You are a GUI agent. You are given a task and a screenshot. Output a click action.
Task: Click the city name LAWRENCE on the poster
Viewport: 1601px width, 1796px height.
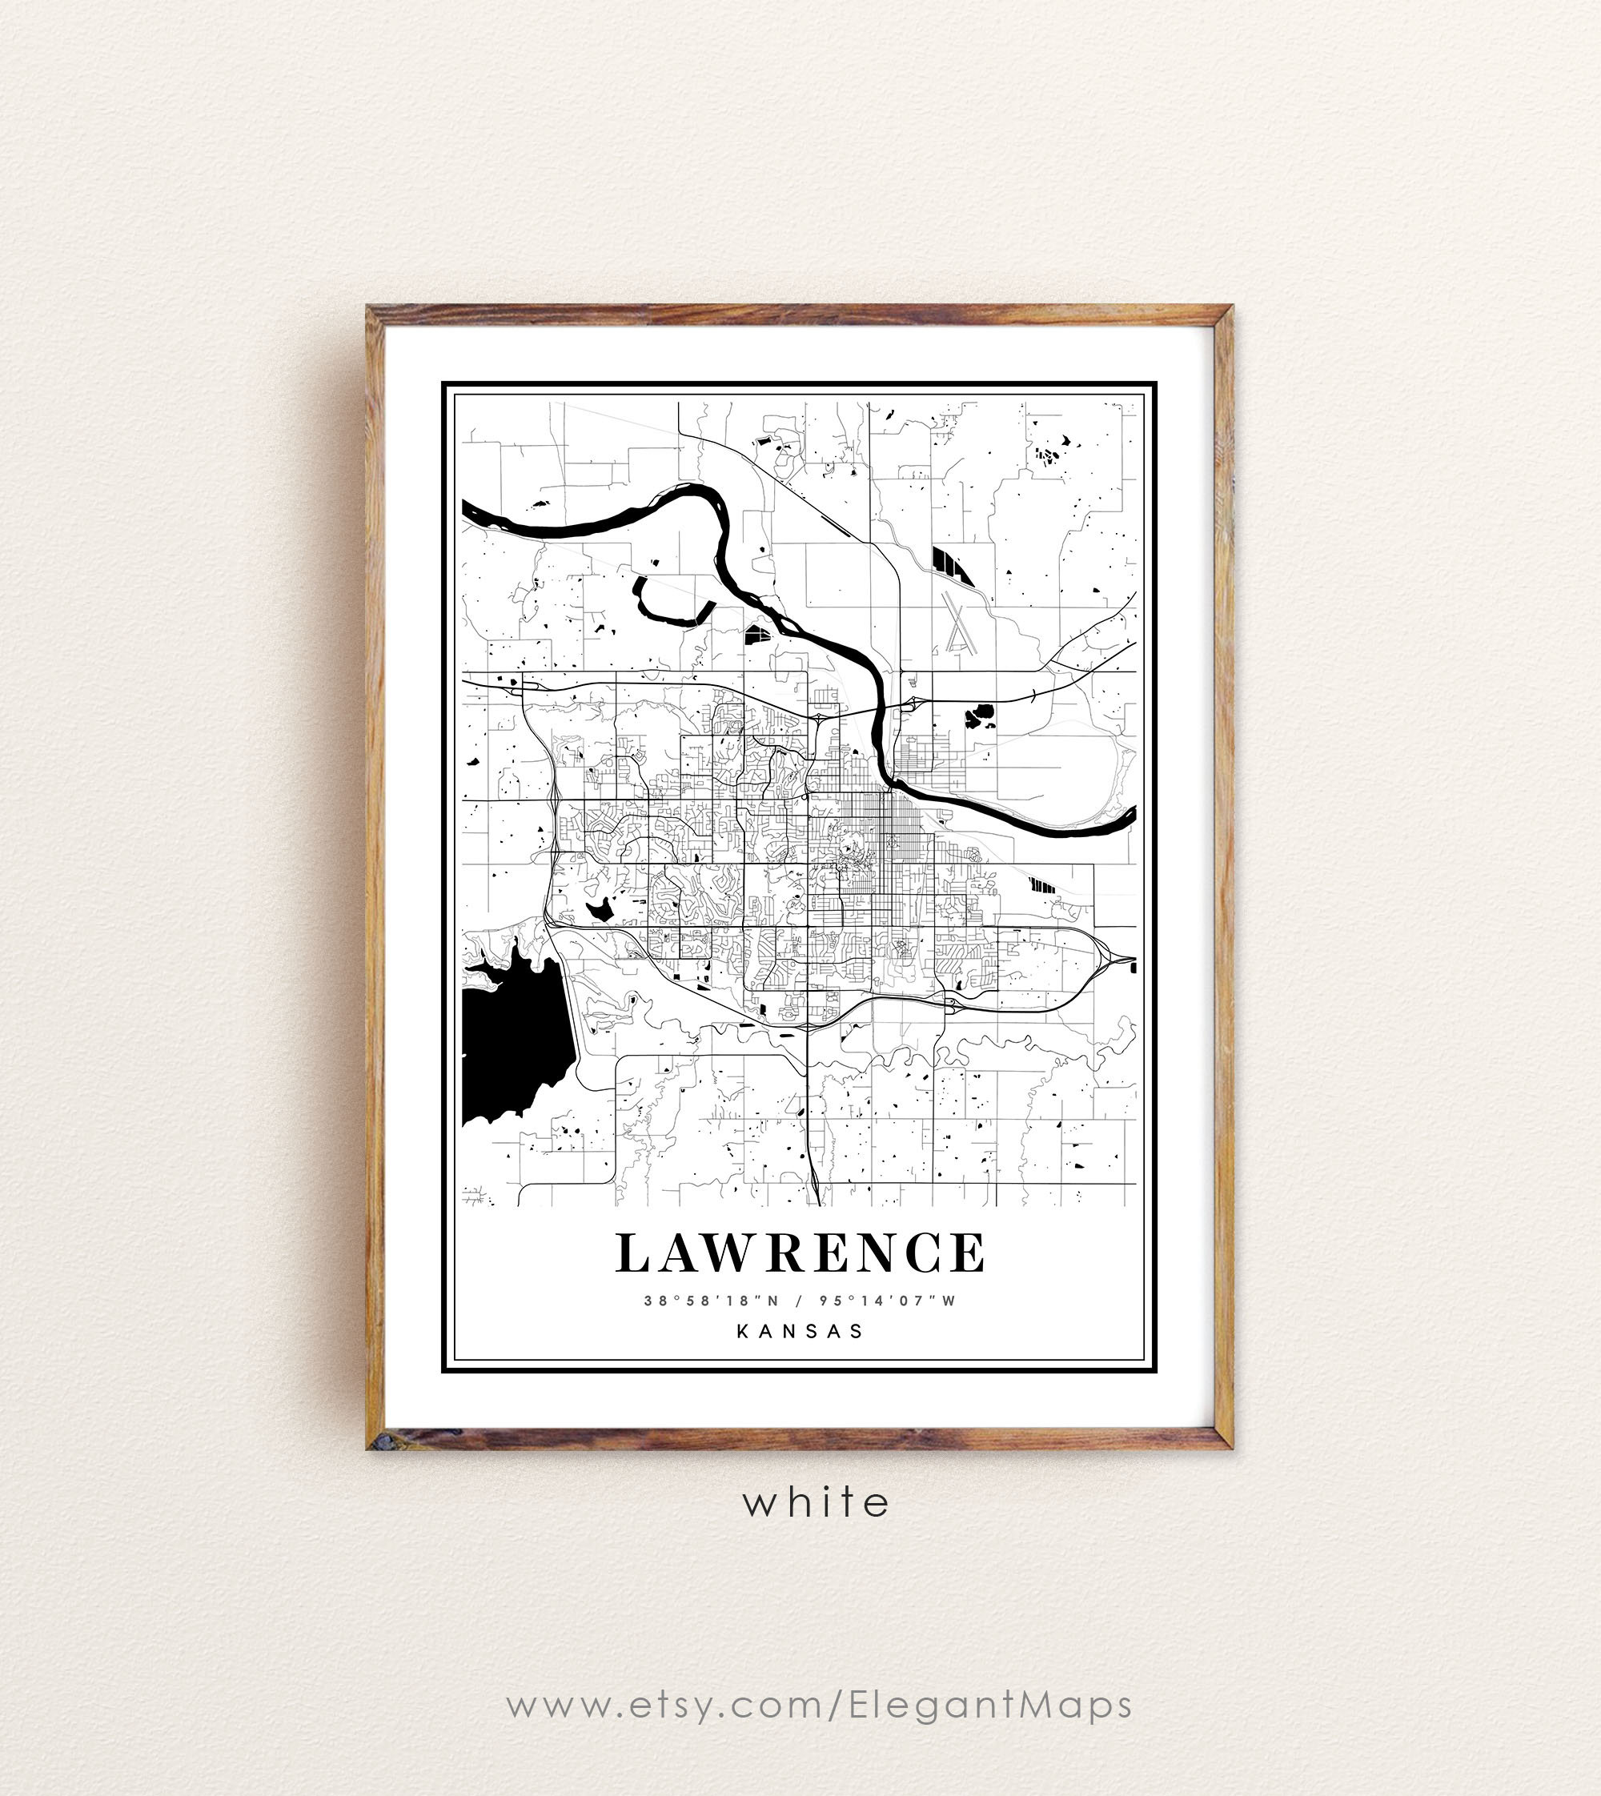click(800, 1253)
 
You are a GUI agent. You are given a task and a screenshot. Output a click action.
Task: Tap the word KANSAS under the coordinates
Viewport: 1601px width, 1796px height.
click(800, 1331)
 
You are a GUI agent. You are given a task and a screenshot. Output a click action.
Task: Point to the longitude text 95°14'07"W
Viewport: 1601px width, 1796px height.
click(887, 1301)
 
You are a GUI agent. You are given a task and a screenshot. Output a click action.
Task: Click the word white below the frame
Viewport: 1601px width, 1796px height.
click(816, 1501)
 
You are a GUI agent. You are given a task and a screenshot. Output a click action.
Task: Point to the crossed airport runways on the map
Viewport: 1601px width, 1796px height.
click(957, 623)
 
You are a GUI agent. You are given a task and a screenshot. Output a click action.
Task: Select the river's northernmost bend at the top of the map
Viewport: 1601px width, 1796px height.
click(695, 491)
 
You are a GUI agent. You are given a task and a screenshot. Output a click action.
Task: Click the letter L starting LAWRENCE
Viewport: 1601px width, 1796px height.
click(632, 1253)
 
